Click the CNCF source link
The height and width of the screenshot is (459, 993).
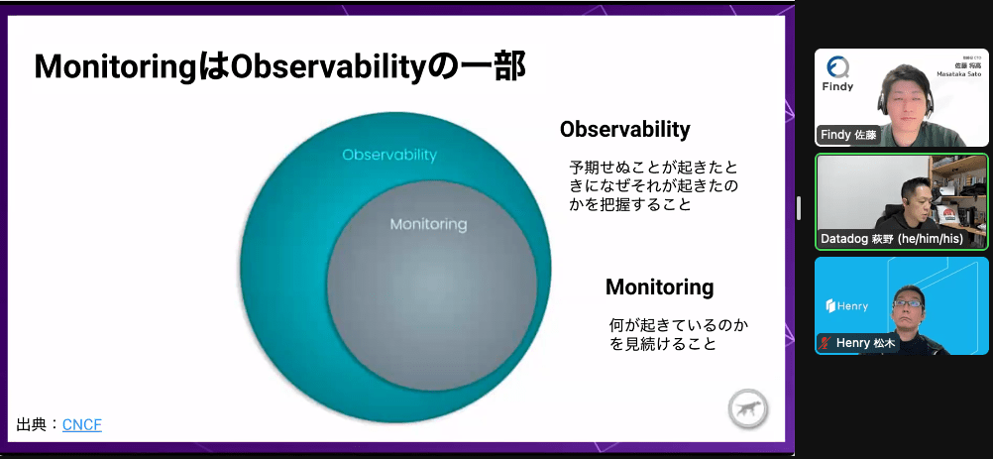[x=81, y=425]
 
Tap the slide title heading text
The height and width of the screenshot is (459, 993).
[x=279, y=67]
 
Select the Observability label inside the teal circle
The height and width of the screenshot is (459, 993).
[x=389, y=155]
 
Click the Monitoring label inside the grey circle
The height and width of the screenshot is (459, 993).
[x=428, y=224]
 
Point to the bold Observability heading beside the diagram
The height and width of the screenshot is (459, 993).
[x=625, y=130]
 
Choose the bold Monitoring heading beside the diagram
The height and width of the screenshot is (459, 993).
[x=659, y=287]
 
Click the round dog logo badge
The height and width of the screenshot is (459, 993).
[x=748, y=409]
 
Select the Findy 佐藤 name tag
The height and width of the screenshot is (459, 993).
[x=848, y=135]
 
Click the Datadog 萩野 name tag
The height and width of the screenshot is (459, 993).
[x=892, y=239]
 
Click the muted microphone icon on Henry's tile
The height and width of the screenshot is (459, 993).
[x=825, y=343]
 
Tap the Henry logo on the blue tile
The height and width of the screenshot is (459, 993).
[x=846, y=306]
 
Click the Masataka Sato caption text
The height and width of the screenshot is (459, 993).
[x=958, y=74]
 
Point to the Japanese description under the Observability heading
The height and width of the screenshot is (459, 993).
[x=653, y=186]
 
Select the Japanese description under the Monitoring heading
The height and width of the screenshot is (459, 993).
[x=678, y=335]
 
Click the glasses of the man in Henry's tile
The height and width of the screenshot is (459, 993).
[x=908, y=304]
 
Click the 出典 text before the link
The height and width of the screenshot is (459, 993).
[x=31, y=425]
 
